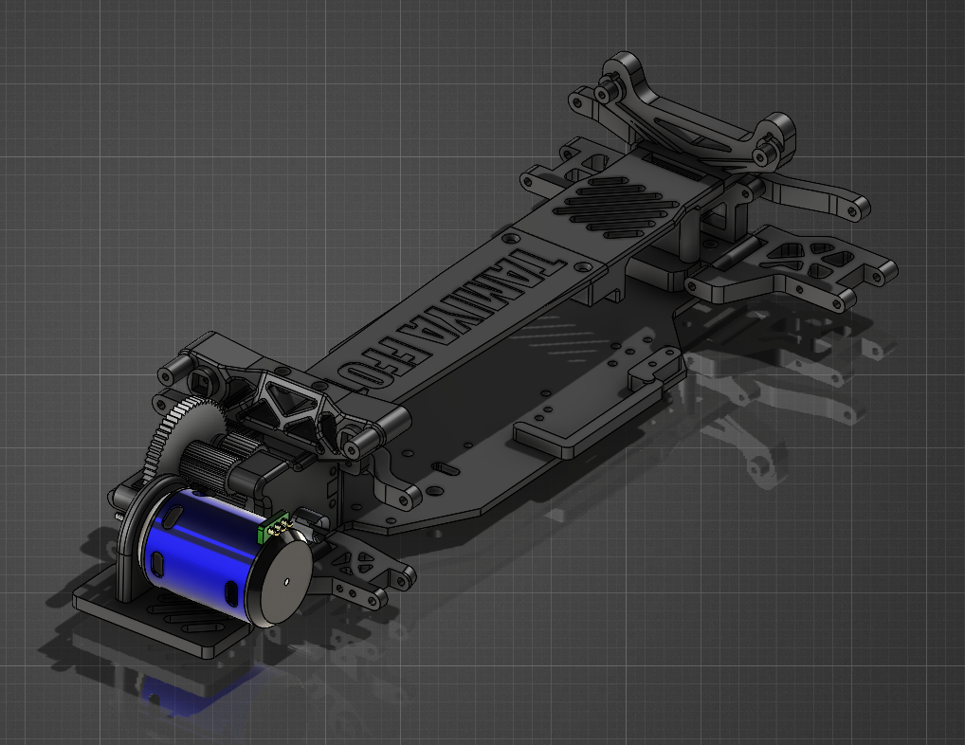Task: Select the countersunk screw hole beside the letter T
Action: tap(513, 236)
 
